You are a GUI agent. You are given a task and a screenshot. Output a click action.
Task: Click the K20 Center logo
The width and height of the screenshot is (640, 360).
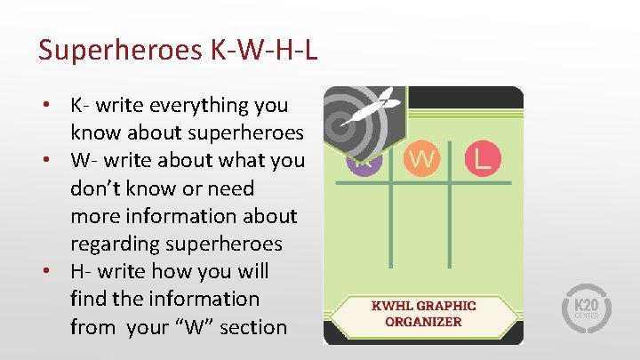point(584,306)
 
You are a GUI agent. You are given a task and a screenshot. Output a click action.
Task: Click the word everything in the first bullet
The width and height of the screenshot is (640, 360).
point(201,105)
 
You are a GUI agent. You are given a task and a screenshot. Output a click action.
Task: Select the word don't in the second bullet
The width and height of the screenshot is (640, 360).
point(100,188)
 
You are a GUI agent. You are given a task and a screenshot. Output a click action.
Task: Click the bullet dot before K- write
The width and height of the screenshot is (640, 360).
point(44,105)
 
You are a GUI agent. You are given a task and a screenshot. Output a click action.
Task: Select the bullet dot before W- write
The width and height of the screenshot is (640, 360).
point(44,161)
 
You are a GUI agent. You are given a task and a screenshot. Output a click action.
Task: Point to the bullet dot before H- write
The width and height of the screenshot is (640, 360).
point(44,271)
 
